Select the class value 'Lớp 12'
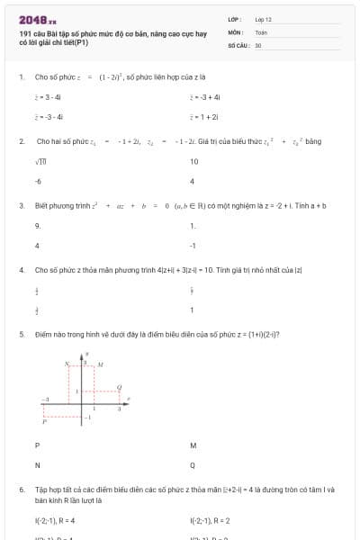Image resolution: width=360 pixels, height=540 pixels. tap(263, 19)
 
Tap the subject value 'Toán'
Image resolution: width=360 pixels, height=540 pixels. tap(261, 31)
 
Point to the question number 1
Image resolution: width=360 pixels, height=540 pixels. tap(21, 77)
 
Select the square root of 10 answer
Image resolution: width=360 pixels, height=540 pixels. tap(41, 162)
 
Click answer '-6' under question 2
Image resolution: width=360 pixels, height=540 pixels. tap(39, 181)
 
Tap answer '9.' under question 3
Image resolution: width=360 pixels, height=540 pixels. tap(38, 226)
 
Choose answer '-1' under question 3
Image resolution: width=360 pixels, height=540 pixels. tap(193, 245)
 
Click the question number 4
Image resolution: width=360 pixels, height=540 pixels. tap(21, 269)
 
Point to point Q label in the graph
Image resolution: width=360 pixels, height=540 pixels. tap(122, 388)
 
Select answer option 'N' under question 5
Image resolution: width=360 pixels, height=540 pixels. tap(38, 465)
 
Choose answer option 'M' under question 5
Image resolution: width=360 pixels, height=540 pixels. tap(193, 445)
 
